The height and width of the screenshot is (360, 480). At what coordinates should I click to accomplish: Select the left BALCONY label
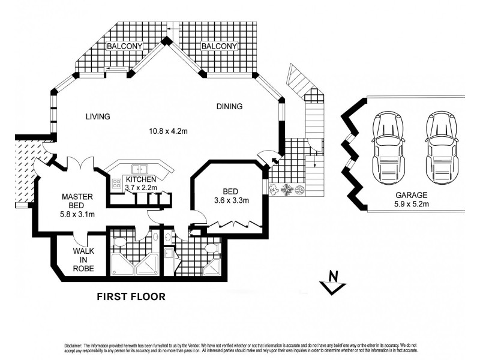(124, 46)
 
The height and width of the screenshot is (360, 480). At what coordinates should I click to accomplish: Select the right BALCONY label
(219, 46)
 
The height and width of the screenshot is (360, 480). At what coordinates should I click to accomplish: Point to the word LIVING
(97, 116)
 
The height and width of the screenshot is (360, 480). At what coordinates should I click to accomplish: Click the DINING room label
(229, 107)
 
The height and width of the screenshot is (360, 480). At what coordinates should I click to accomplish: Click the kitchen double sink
(139, 170)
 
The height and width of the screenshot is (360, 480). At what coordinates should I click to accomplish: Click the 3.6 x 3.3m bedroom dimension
(227, 200)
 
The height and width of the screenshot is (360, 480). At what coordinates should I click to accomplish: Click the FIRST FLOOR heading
(131, 296)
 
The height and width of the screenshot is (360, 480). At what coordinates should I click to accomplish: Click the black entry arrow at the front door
(274, 160)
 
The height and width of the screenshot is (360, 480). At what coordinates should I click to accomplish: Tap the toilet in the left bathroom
(119, 242)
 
